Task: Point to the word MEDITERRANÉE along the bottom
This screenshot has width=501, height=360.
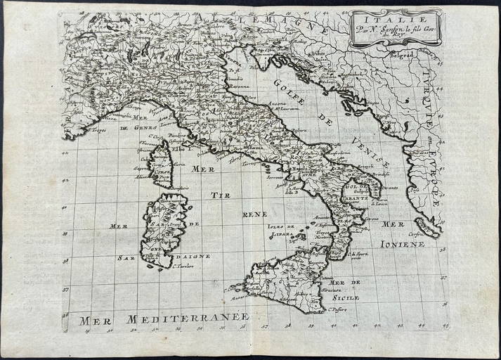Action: coord(188,319)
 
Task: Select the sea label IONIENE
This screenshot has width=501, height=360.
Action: coord(401,243)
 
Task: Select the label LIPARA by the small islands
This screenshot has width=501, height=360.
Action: coord(283,236)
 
